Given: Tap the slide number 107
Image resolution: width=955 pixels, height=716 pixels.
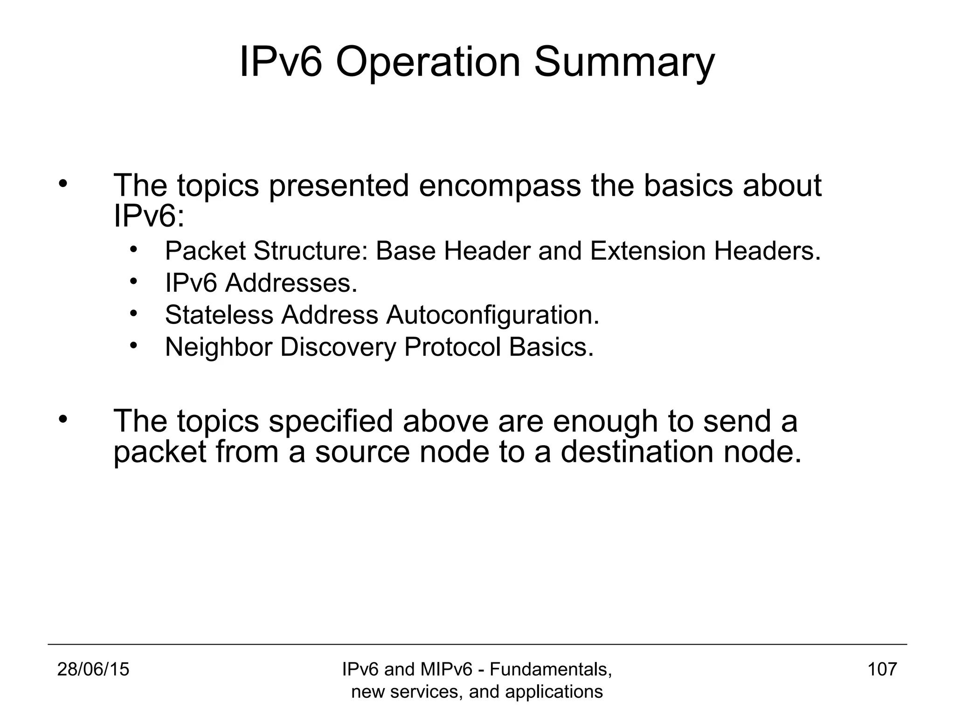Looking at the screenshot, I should tap(882, 669).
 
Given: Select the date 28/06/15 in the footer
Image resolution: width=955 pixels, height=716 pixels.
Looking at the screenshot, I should tap(93, 669).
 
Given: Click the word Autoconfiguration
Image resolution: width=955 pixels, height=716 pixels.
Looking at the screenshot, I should tap(492, 315).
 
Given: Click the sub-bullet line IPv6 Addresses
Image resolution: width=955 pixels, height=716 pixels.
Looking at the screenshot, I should tap(261, 283).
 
